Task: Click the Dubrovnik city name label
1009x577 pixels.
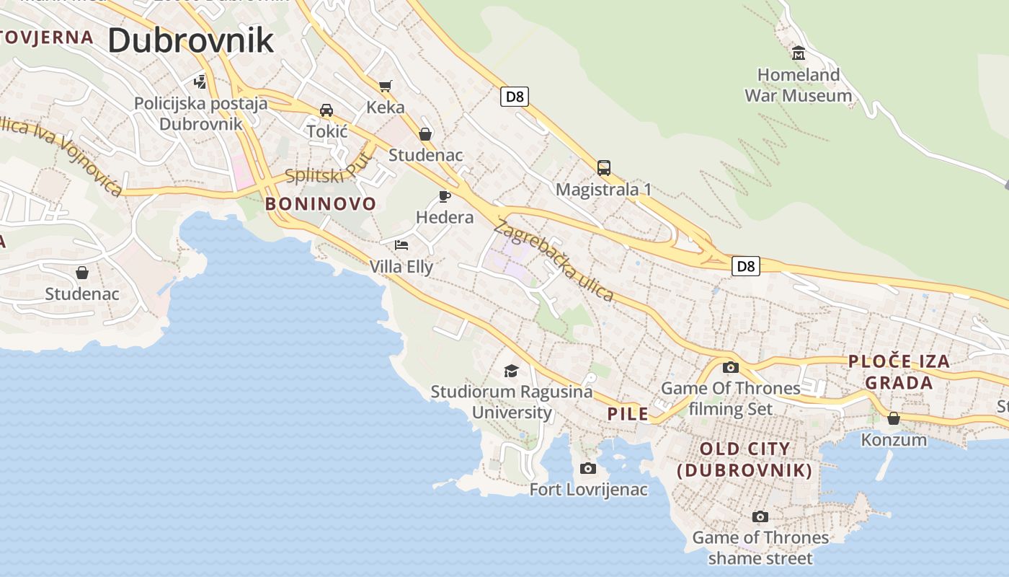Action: [191, 40]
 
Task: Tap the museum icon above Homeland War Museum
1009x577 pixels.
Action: [799, 53]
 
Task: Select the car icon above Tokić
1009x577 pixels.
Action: [326, 110]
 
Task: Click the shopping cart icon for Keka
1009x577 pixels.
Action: [386, 87]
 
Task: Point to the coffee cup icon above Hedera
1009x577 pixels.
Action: [445, 196]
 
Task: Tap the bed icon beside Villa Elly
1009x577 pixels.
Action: [401, 245]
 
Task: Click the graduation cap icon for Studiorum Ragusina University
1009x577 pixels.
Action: [511, 371]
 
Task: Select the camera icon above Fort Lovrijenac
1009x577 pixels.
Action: [588, 469]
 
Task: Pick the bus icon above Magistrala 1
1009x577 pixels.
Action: [604, 168]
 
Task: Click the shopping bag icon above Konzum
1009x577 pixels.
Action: [894, 418]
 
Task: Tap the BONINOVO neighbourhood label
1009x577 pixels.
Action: [321, 204]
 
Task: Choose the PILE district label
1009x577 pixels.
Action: [628, 414]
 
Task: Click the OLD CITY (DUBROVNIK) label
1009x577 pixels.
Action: [745, 460]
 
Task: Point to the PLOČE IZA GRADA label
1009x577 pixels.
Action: [899, 372]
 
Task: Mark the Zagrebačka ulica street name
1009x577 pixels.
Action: [554, 261]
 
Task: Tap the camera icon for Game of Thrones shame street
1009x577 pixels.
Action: [760, 516]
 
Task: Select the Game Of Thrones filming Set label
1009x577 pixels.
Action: [731, 399]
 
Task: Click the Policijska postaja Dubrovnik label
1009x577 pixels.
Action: [200, 113]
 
